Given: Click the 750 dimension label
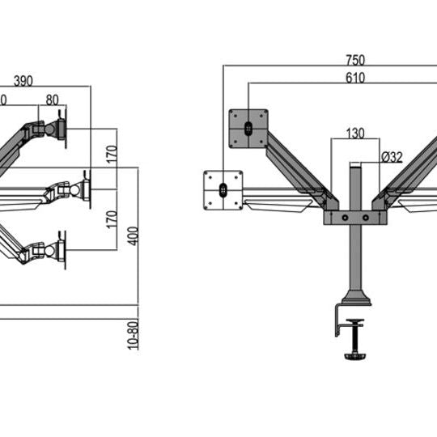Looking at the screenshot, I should (355, 59).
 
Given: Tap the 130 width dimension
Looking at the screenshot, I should (355, 134).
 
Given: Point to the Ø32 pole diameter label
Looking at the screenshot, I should (392, 157).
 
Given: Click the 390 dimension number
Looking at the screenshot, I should (23, 80).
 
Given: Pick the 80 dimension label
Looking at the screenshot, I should (52, 100).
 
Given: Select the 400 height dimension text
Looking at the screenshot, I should (133, 235).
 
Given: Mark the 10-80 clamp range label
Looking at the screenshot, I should (133, 333).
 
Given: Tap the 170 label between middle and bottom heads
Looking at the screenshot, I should (111, 219).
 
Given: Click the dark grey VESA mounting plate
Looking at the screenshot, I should (248, 129).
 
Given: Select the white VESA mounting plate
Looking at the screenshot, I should (223, 190).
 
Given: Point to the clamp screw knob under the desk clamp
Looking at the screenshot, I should (355, 354).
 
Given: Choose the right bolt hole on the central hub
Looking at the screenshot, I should (367, 218).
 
